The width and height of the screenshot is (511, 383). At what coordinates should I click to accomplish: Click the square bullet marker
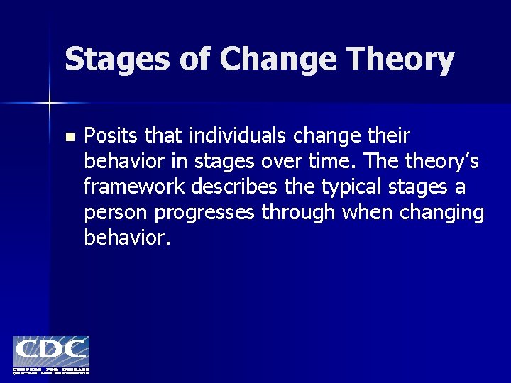coord(69,136)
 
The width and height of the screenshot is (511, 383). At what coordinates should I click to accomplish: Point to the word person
coord(114,213)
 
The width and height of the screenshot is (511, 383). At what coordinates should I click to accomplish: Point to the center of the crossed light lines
coord(49,104)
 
